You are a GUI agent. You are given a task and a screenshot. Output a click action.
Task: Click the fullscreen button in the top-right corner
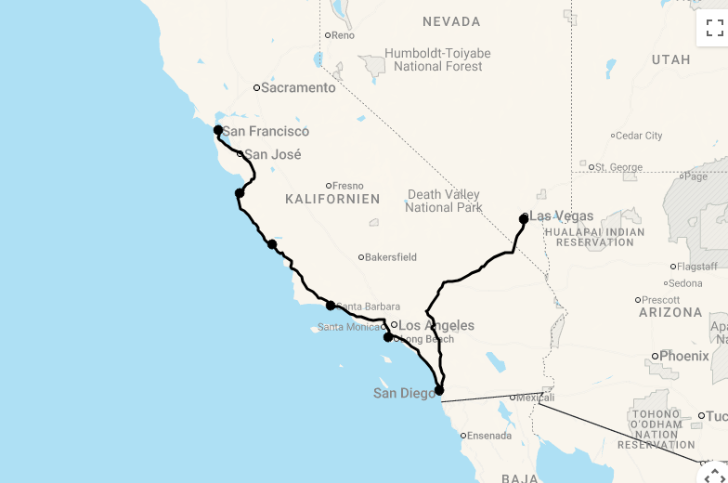click(x=714, y=28)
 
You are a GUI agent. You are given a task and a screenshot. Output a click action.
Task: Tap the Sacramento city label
click(x=297, y=88)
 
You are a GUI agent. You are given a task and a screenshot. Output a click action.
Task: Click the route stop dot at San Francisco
click(x=218, y=131)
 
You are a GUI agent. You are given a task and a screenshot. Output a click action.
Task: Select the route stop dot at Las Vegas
click(x=524, y=219)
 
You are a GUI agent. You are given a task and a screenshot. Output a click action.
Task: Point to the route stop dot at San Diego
click(x=439, y=390)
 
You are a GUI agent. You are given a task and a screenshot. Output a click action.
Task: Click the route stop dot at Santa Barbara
click(x=331, y=306)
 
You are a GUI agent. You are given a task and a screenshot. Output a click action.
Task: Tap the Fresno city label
click(x=348, y=186)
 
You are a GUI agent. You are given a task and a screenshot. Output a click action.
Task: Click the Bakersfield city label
click(x=389, y=257)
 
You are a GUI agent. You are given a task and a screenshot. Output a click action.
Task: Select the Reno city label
click(x=343, y=35)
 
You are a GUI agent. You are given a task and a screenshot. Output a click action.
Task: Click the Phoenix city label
click(x=683, y=356)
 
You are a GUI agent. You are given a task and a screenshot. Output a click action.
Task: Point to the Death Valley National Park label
click(x=443, y=201)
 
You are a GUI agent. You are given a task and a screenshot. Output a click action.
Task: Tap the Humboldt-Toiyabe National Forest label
click(x=438, y=59)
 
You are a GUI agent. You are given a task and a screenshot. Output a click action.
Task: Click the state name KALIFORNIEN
click(x=332, y=200)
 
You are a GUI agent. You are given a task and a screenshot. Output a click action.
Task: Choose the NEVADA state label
click(x=451, y=21)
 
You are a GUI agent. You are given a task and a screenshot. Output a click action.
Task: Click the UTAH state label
click(x=670, y=59)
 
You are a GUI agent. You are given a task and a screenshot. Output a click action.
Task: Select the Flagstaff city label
click(x=697, y=267)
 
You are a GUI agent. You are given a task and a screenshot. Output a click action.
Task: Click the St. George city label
click(x=618, y=167)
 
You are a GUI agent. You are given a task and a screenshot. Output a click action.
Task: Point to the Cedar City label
click(x=640, y=136)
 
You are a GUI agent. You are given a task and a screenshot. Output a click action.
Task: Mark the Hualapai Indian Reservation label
click(x=595, y=236)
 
